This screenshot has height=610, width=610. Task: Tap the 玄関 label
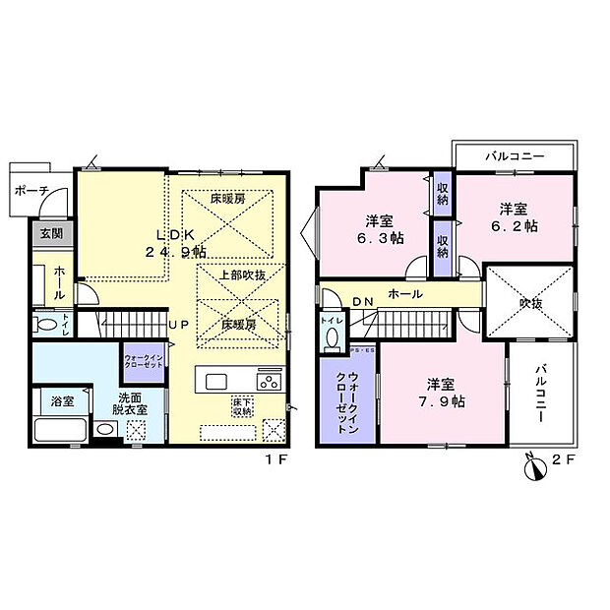[50, 234]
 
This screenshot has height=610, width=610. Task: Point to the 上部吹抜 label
[241, 275]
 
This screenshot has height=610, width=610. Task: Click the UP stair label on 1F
[178, 324]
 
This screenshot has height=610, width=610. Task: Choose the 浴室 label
[61, 401]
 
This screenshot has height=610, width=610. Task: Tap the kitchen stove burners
[269, 380]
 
